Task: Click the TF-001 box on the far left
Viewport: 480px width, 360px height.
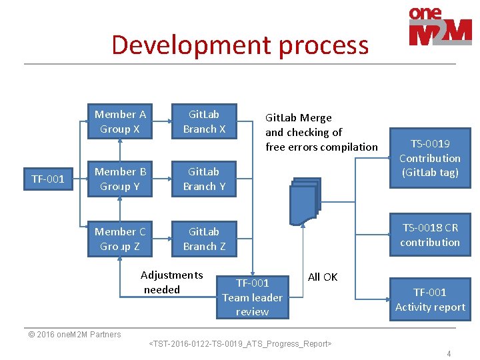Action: (x=48, y=179)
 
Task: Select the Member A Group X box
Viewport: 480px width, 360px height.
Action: (x=120, y=121)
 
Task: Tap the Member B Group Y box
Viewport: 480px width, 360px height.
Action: (x=120, y=179)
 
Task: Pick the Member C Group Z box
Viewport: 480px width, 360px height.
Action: (x=120, y=239)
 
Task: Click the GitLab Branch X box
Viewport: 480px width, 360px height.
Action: (x=204, y=121)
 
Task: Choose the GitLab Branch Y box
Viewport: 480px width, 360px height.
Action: (x=204, y=179)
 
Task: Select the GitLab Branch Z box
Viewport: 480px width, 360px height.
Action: (x=204, y=239)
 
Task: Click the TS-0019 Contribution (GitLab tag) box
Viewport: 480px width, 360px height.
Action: (x=429, y=159)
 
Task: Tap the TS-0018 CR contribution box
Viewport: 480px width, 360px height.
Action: (x=429, y=235)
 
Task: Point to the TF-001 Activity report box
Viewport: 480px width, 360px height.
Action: (x=429, y=299)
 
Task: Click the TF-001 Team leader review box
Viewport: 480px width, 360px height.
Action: (x=252, y=297)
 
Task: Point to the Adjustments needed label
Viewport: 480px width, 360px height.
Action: (x=171, y=282)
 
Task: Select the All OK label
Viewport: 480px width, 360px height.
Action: (x=323, y=277)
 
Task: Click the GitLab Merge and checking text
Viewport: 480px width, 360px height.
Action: (x=321, y=132)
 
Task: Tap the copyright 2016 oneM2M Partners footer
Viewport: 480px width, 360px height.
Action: (x=75, y=334)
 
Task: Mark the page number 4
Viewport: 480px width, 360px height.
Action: (x=449, y=353)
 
